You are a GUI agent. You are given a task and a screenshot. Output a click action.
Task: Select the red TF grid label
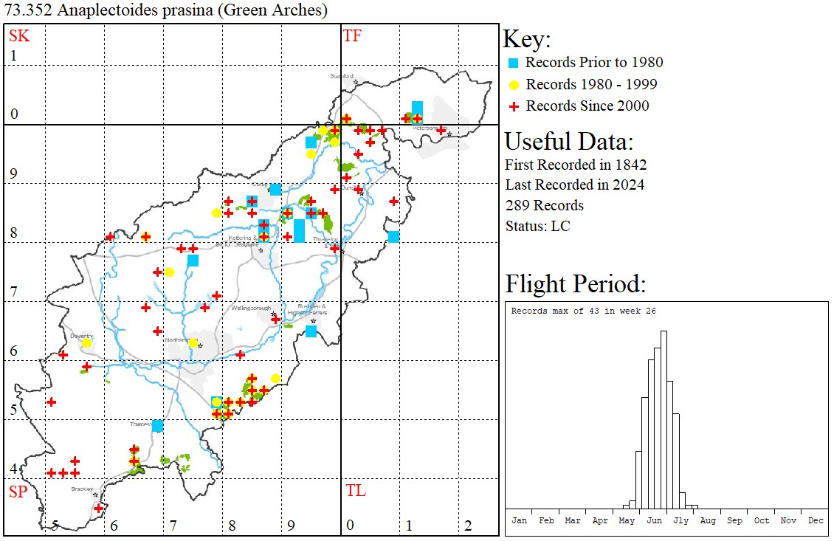(352, 35)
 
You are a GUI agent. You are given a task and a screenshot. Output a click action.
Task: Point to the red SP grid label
(17, 492)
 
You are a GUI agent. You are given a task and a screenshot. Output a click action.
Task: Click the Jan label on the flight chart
(520, 520)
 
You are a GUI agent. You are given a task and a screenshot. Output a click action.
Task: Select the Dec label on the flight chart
(816, 520)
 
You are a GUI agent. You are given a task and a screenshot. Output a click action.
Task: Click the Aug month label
(708, 520)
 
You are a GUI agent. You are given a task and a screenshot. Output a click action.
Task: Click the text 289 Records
(544, 205)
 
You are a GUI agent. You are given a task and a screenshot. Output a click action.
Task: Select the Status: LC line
(537, 226)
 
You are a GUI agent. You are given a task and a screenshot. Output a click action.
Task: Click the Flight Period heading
(575, 284)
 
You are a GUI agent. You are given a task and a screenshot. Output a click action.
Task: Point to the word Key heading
(526, 39)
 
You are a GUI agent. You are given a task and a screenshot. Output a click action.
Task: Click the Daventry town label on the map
(80, 336)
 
